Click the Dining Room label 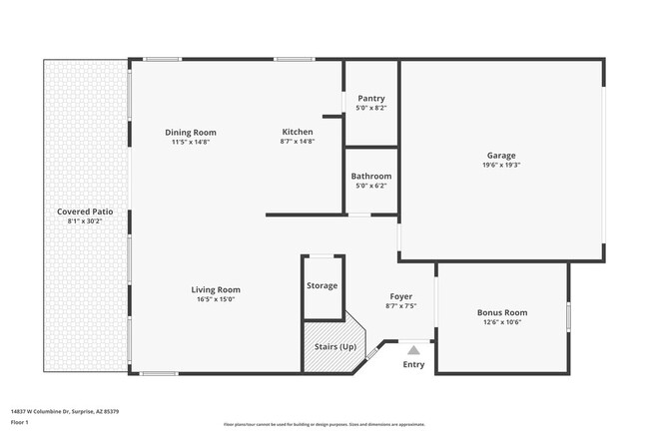(190, 133)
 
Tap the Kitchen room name (297, 132)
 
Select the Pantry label (370, 99)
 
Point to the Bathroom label (370, 177)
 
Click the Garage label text (501, 156)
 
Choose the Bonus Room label (501, 312)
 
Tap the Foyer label (400, 296)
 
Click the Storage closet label (322, 286)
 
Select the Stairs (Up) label (334, 346)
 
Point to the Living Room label (216, 290)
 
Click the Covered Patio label (85, 213)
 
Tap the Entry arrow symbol (413, 349)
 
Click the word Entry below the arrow (413, 364)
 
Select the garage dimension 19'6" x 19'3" (501, 166)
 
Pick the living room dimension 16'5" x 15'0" (216, 299)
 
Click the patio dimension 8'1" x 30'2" (85, 221)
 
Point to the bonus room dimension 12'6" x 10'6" (501, 322)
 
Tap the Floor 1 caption (20, 422)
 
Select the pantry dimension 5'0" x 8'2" (370, 108)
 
